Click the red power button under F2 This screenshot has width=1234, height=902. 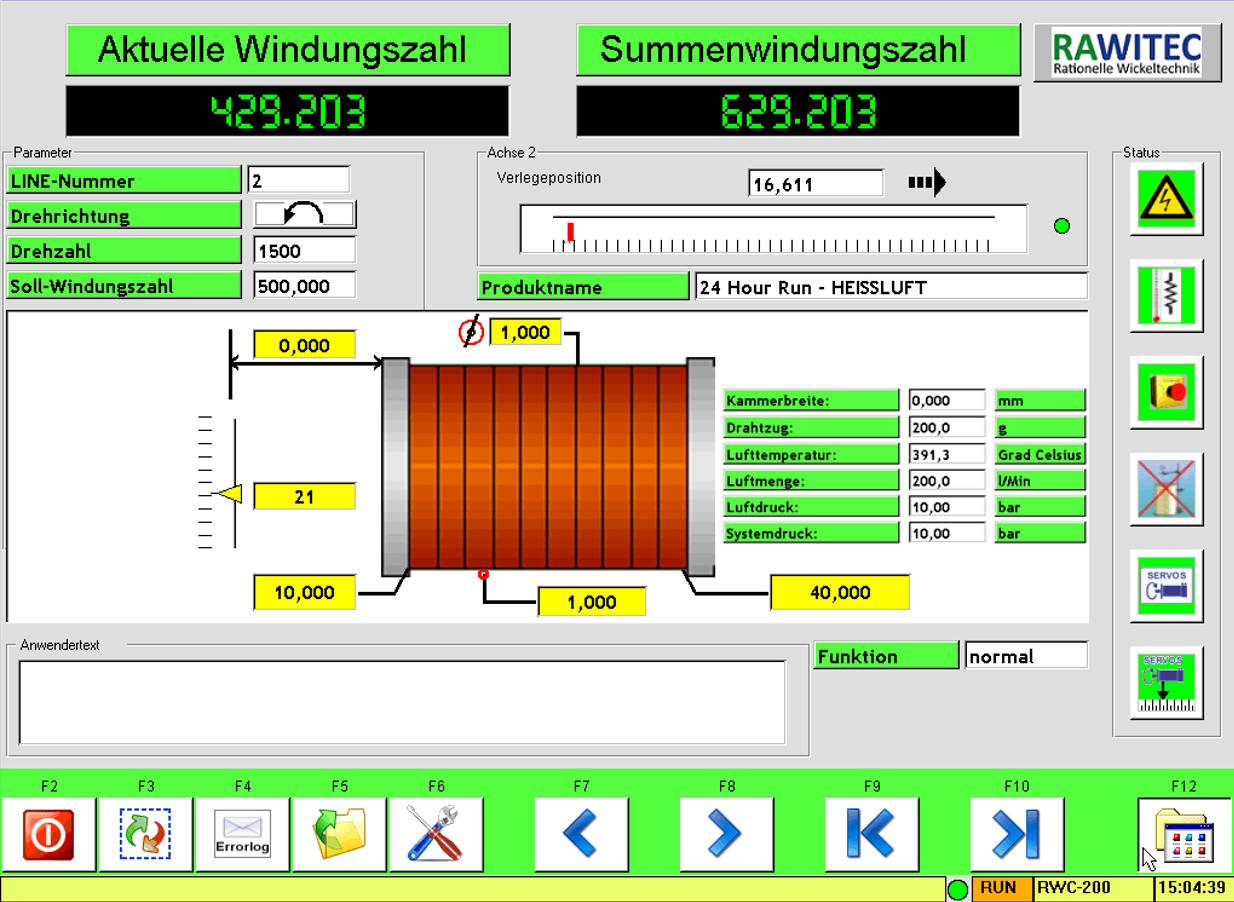tap(49, 834)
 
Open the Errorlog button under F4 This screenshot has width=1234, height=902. tap(243, 834)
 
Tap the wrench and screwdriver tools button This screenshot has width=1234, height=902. tap(436, 834)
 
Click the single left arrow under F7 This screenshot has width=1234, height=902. tap(582, 834)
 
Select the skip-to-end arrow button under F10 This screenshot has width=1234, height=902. tap(1017, 834)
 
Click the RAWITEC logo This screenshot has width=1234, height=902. tap(1127, 52)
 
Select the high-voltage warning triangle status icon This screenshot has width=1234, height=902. tap(1166, 200)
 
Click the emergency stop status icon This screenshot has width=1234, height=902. tap(1166, 392)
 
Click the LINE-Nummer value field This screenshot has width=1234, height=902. tap(298, 181)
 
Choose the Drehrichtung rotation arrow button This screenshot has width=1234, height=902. tap(304, 215)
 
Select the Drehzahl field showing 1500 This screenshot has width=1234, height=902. tap(304, 251)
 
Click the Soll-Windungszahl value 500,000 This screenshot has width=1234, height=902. tap(304, 286)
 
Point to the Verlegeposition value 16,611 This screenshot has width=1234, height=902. tap(815, 184)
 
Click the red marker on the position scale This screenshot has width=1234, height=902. tap(570, 232)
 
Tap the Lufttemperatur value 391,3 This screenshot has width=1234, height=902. tap(946, 454)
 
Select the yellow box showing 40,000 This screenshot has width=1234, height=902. tap(839, 592)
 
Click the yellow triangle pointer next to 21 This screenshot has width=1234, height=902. tap(231, 495)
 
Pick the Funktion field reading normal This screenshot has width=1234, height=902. tap(1025, 656)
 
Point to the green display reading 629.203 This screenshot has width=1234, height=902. tap(798, 111)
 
